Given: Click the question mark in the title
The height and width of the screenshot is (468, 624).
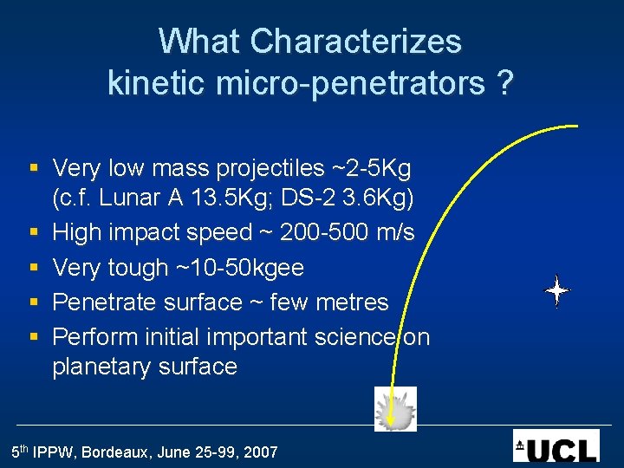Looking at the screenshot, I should (x=505, y=83).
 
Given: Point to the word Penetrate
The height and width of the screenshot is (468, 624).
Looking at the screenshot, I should (x=107, y=302).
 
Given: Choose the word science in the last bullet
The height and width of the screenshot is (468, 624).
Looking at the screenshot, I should (x=354, y=336).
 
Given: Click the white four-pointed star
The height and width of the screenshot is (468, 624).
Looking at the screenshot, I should (x=556, y=291).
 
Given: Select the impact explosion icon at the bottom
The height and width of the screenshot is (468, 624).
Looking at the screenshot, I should (x=395, y=409).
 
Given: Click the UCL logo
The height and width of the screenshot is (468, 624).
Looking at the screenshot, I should (x=556, y=445).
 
